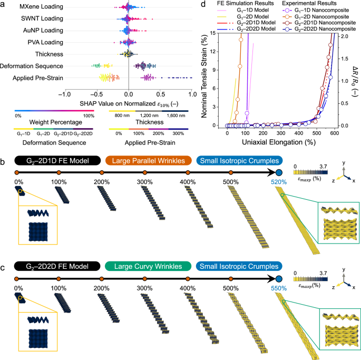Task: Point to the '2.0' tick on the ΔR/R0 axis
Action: pyautogui.click(x=343, y=36)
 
